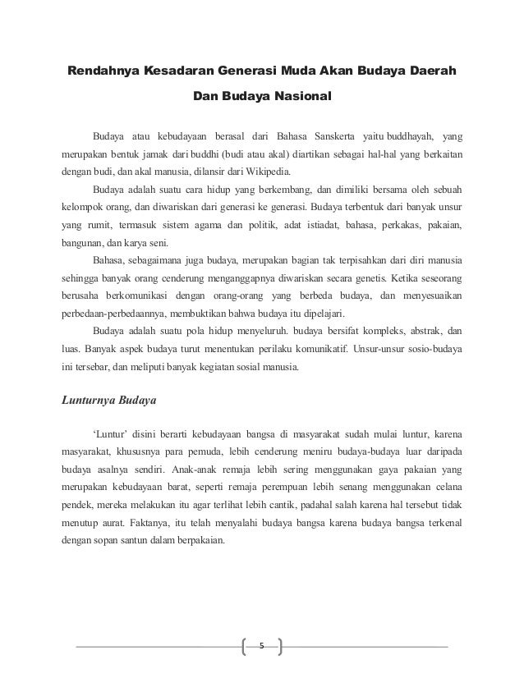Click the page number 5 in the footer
click(261, 645)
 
